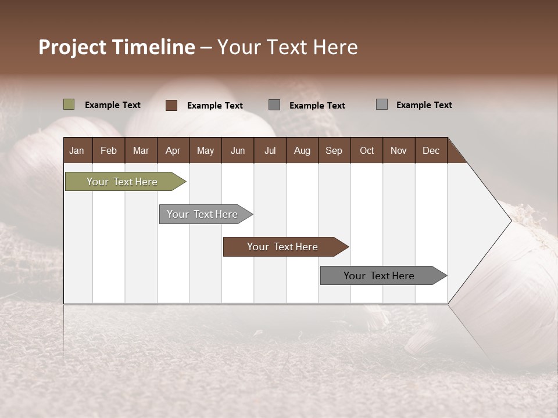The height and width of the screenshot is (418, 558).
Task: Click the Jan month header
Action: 77,150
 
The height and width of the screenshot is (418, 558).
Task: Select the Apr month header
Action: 173,150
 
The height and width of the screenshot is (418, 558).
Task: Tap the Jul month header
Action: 270,150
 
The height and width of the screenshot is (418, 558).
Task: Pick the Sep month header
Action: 334,150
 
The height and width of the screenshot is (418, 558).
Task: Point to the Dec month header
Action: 431,150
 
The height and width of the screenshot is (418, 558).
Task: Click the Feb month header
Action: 109,150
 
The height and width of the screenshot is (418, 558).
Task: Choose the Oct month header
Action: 367,150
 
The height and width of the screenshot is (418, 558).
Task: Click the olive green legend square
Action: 69,105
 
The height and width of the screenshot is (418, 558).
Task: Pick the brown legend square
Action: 171,105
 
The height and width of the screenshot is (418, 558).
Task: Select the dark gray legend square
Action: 274,105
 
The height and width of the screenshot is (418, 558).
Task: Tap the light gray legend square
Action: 382,105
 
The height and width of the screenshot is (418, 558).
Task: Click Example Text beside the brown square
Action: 214,106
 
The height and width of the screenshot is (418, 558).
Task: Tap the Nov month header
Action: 398,150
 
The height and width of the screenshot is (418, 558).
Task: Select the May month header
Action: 205,150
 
